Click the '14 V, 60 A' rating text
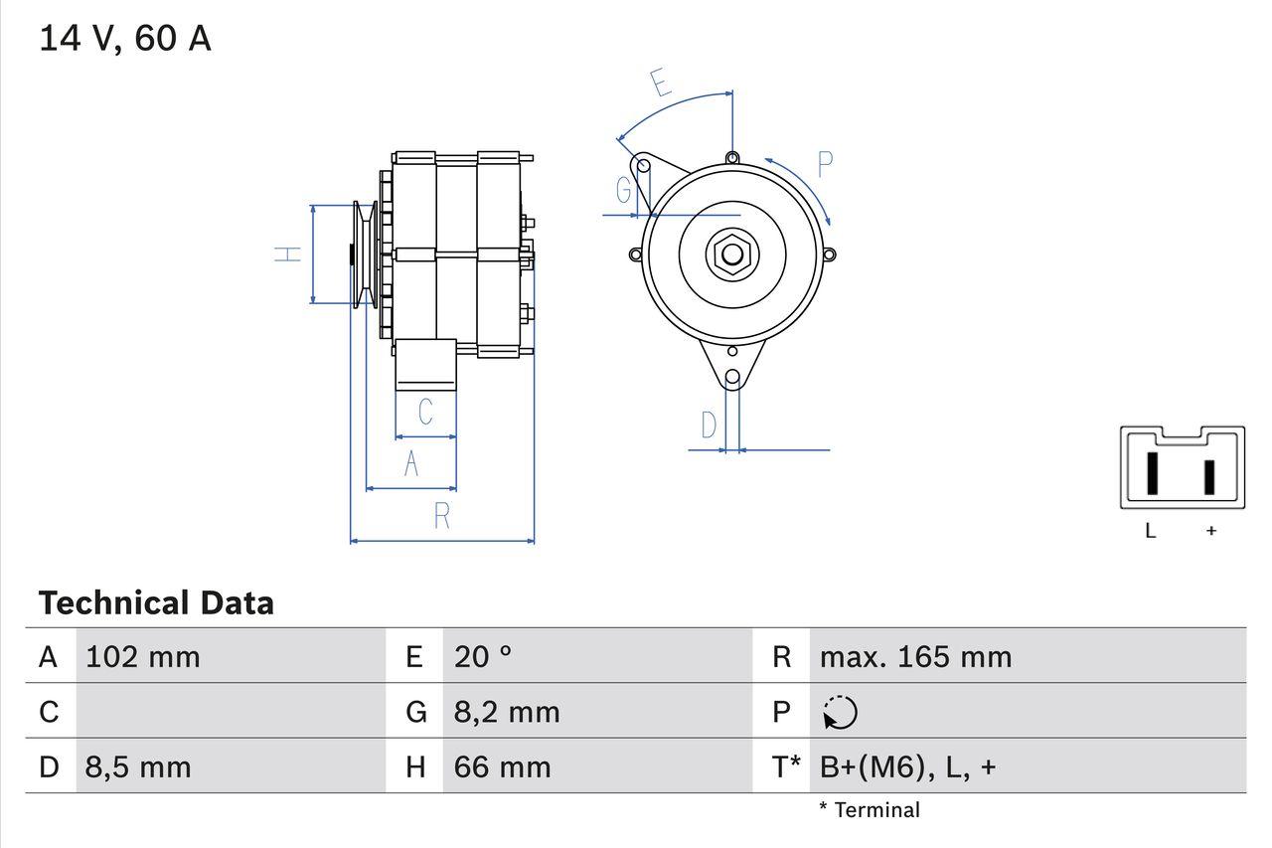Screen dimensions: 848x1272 (x=124, y=38)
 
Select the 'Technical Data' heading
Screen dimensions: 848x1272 (x=156, y=603)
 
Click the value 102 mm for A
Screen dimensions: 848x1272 (x=143, y=657)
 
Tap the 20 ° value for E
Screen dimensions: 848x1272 (x=483, y=657)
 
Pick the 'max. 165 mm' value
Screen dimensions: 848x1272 (x=915, y=657)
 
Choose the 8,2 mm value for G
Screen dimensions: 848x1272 (x=507, y=712)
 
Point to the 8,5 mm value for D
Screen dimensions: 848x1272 (x=138, y=767)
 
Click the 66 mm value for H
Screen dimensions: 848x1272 (x=502, y=767)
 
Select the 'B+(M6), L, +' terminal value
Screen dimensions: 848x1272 (x=907, y=767)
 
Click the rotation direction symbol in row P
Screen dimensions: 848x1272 (x=840, y=712)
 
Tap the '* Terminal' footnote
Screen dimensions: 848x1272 (x=870, y=810)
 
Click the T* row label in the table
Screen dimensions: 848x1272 (x=785, y=767)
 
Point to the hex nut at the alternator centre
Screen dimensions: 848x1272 (x=732, y=254)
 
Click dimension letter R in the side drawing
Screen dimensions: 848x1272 (x=442, y=516)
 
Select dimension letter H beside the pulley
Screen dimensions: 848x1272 (x=287, y=254)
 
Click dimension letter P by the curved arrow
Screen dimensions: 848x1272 (x=825, y=164)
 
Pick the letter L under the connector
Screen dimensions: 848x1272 (x=1150, y=531)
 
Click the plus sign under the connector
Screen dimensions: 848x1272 (x=1210, y=531)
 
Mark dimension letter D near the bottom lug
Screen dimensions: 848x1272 (x=709, y=425)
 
